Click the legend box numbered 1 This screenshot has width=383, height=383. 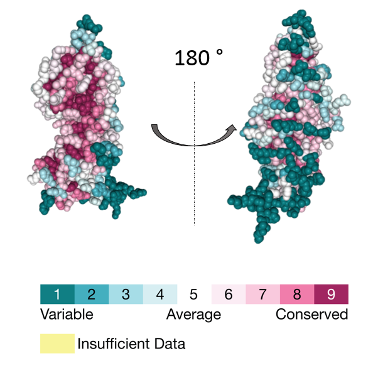point(57,294)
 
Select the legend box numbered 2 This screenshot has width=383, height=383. point(92,294)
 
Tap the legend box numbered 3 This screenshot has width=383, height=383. point(126,294)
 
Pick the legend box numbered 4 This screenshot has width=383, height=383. point(159,294)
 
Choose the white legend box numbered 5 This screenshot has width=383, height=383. point(193,294)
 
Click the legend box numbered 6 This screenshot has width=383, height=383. point(228,294)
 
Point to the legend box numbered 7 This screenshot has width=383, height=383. point(262,294)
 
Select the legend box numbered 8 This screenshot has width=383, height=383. point(297,294)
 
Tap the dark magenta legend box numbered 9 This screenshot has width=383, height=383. point(331,294)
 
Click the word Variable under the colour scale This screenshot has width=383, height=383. point(67,314)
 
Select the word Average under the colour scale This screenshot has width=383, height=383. point(193,314)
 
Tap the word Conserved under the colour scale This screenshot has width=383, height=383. point(311,314)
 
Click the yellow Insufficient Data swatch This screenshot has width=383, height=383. point(57,343)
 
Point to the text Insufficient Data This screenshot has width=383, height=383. point(131,344)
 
